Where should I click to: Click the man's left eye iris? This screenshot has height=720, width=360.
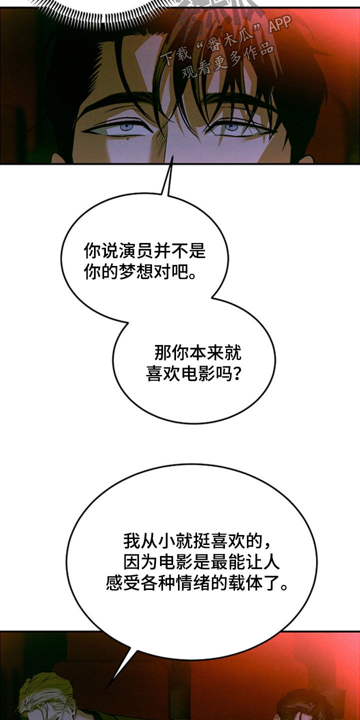pyautogui.click(x=126, y=127)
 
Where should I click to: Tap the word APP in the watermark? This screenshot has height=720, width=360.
pyautogui.click(x=279, y=23)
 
